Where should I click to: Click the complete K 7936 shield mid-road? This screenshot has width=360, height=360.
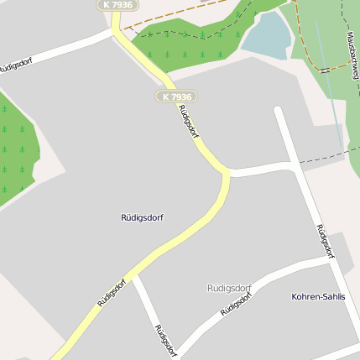[176, 97]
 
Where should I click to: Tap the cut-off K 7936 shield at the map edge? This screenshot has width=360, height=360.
[118, 5]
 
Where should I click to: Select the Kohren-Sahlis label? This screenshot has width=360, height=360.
[318, 297]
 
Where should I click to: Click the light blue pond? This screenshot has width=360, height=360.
[267, 36]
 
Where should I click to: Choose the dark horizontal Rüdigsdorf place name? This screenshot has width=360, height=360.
[142, 217]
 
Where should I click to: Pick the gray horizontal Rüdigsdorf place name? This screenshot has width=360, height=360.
[229, 288]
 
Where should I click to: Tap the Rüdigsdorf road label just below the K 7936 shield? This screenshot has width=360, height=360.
[188, 120]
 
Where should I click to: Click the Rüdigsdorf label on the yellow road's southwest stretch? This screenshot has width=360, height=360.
[111, 293]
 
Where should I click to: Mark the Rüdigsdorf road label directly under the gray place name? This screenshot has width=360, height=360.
[237, 301]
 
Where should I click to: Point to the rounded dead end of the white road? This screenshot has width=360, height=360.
[279, 109]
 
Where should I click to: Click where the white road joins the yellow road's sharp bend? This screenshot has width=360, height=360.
[228, 173]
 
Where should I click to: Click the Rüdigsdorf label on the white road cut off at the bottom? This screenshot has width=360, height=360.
[164, 338]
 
